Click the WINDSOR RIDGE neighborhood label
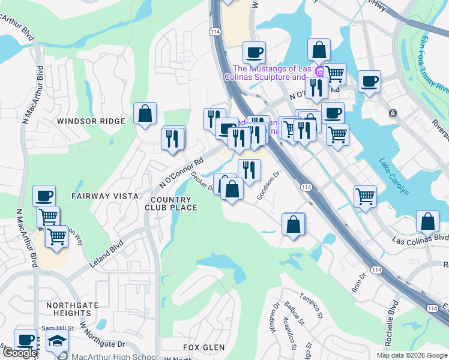91,121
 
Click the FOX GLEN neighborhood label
204,347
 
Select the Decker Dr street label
203,182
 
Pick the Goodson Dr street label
269,186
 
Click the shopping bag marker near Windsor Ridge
145,113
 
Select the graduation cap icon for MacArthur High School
58,341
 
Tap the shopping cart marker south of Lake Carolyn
365,196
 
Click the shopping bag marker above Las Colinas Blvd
427,221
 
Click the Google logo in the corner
20,353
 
